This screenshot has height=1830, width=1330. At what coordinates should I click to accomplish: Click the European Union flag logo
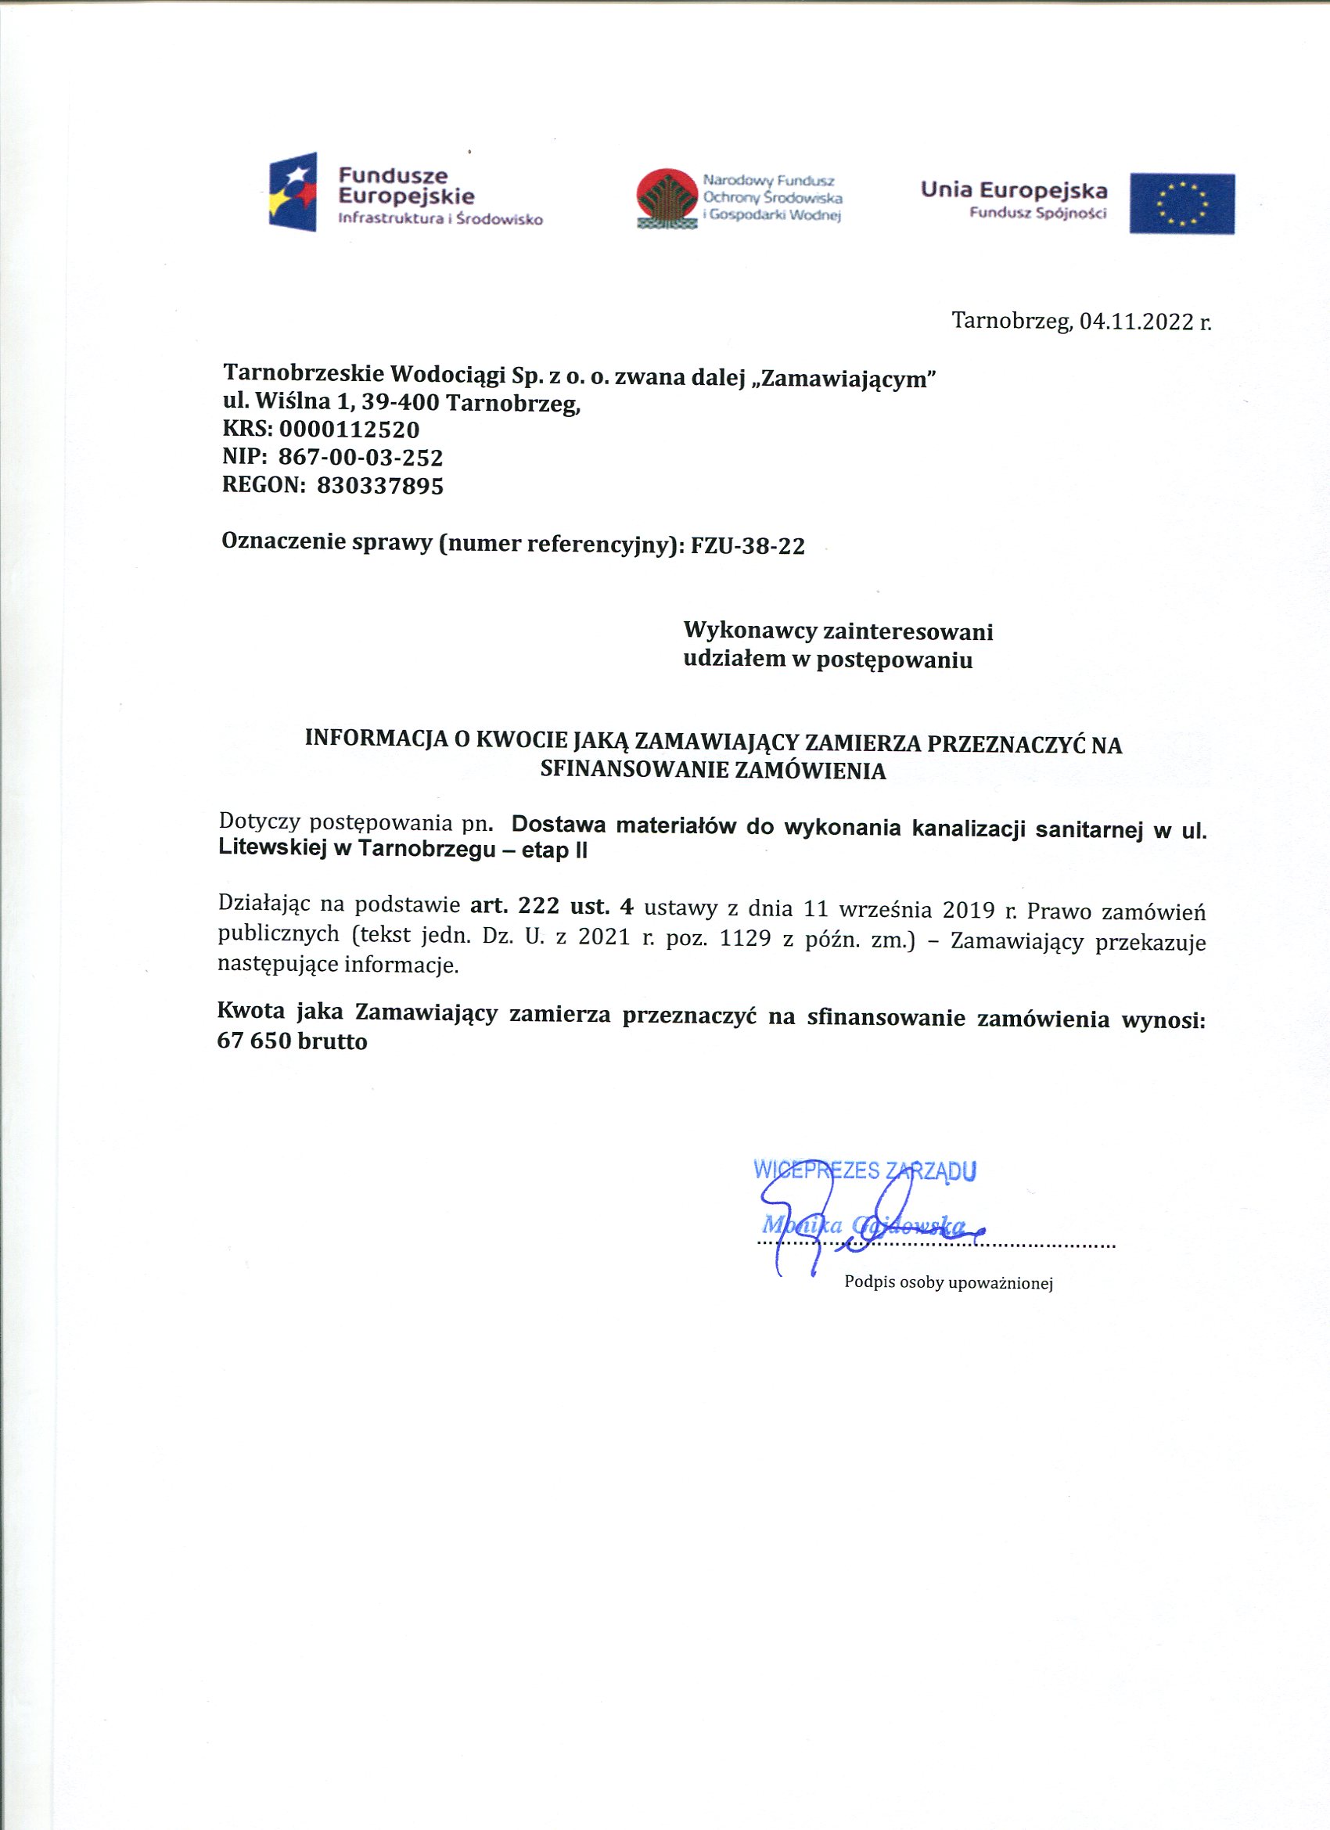click(x=1181, y=203)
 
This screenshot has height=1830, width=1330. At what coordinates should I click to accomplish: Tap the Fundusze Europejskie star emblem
click(x=293, y=192)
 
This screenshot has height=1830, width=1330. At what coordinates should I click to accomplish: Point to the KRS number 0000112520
click(x=350, y=430)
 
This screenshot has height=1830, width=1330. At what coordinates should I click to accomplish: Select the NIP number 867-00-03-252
click(x=361, y=458)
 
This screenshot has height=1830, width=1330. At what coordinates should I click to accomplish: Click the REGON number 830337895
click(x=380, y=486)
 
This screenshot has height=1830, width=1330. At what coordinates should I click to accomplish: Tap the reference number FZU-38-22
click(x=748, y=546)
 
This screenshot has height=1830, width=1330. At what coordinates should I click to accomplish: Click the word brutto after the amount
click(x=332, y=1041)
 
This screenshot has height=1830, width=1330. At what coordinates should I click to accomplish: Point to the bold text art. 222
click(x=515, y=906)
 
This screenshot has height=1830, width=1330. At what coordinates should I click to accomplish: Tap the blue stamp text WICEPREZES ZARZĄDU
click(x=864, y=1170)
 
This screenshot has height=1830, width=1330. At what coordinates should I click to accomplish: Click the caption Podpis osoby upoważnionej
click(x=948, y=1282)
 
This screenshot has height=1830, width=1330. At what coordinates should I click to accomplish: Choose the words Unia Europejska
click(x=1014, y=190)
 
